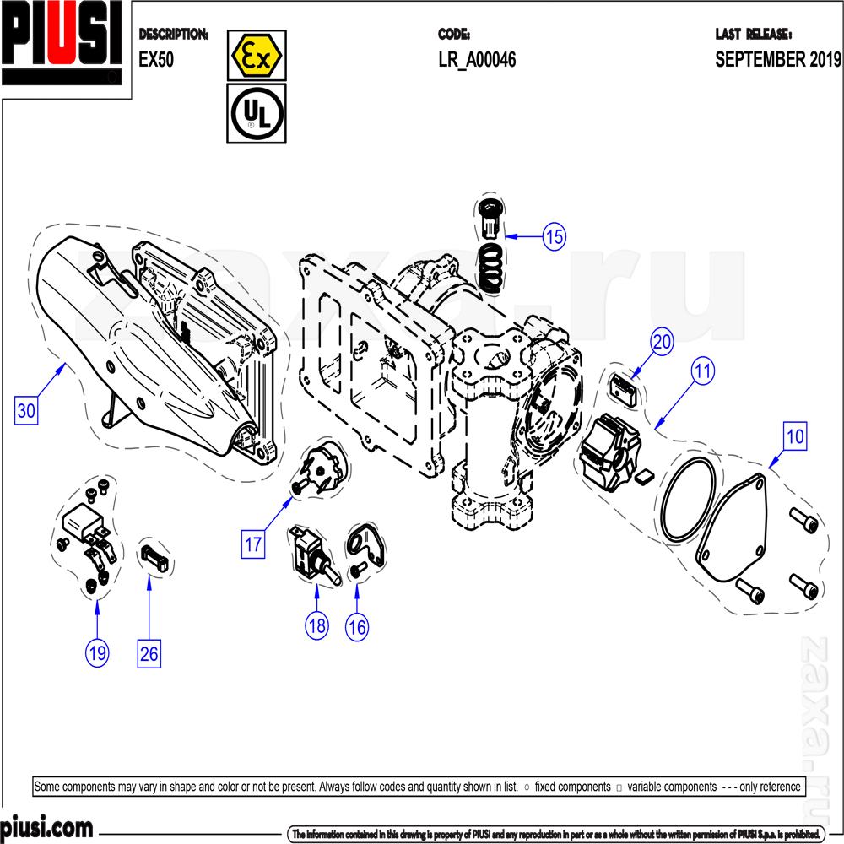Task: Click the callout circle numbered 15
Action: pos(554,237)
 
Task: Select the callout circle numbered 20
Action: pos(663,342)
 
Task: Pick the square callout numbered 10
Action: pos(795,437)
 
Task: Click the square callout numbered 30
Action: pos(26,411)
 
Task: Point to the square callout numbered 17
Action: pos(253,544)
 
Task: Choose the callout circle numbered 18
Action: pos(317,626)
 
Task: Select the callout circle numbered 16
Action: pos(358,626)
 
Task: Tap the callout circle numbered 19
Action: pos(97,652)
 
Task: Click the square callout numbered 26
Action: pos(149,654)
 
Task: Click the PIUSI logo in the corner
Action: pos(63,42)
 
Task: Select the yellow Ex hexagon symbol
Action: pos(257,56)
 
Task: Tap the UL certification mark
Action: pos(257,113)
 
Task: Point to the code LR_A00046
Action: pos(477,60)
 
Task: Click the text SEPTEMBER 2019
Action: pos(778,60)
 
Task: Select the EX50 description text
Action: pos(156,60)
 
